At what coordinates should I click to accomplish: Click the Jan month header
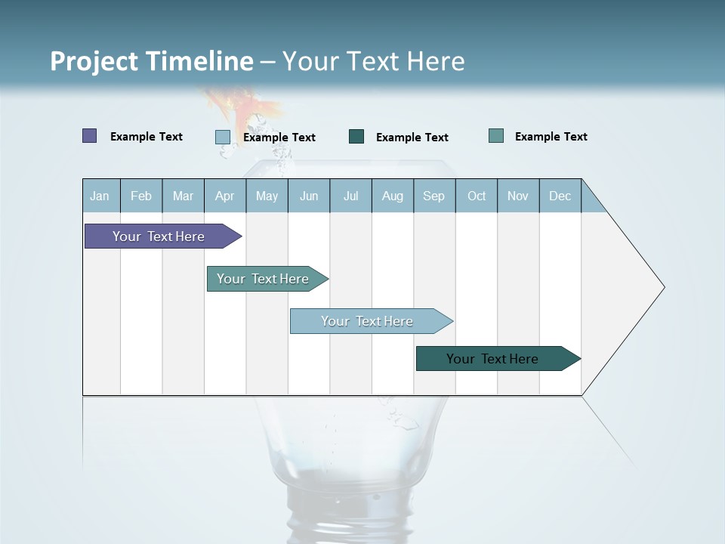(x=100, y=196)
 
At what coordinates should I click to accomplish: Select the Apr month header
(x=225, y=196)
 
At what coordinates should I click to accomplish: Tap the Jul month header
(x=350, y=196)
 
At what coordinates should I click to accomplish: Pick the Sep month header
(x=434, y=196)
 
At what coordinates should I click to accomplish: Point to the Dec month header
(x=560, y=196)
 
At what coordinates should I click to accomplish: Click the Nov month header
(x=518, y=196)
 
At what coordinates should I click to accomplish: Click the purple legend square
(x=89, y=136)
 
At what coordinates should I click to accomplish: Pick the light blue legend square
(x=222, y=137)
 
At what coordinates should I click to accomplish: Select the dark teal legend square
(x=356, y=137)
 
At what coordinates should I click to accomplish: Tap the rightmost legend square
(x=496, y=136)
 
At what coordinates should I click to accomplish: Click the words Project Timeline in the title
(x=151, y=61)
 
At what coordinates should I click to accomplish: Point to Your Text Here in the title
(x=374, y=61)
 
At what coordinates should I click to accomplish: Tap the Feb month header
(x=141, y=196)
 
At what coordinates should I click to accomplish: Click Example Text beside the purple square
(x=147, y=137)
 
